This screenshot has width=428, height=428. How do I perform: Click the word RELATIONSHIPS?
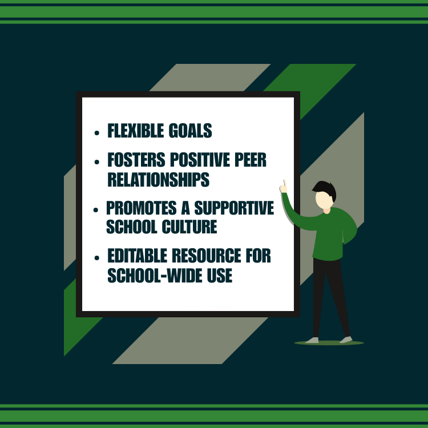click(158, 180)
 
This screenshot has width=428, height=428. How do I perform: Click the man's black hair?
click(326, 189)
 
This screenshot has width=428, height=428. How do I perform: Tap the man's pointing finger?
click(284, 185)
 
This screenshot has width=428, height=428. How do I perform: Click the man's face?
click(324, 200)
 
